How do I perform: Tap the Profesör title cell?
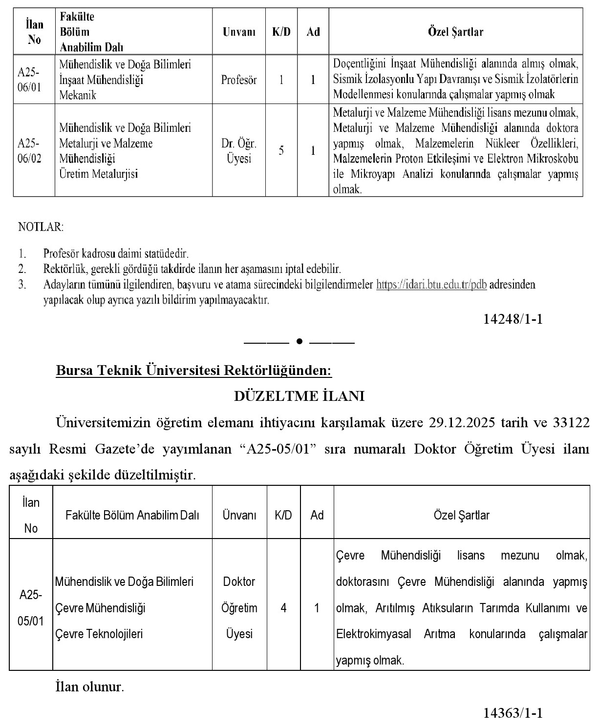coord(238,80)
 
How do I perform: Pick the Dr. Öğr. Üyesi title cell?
coord(238,151)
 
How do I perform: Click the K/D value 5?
coord(281,151)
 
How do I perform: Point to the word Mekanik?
coord(78,95)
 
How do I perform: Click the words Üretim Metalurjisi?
coord(98,174)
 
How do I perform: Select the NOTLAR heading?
coord(41,227)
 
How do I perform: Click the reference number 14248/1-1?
coord(513,319)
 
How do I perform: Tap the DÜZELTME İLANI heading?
coord(299,396)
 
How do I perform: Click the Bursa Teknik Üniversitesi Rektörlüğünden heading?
coord(194,371)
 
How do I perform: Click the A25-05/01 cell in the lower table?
coord(31,608)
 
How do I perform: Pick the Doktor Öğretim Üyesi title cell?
coord(239,608)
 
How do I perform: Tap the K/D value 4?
coord(283,608)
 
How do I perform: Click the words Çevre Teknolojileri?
coord(99,634)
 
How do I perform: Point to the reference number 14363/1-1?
coord(513,713)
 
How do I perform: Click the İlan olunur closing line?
coord(90,687)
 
